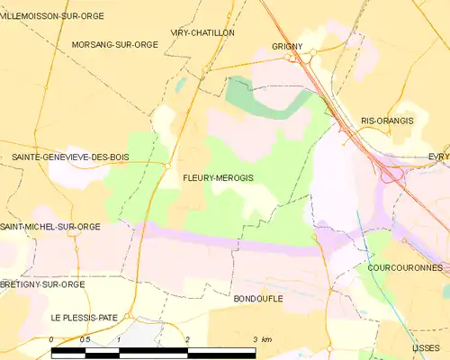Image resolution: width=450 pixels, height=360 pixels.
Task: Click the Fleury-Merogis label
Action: (x=218, y=178)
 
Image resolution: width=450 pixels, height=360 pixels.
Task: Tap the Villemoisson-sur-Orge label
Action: (x=52, y=16)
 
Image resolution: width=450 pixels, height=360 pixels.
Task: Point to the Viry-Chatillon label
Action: (x=202, y=32)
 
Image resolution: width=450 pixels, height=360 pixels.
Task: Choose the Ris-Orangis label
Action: (x=387, y=120)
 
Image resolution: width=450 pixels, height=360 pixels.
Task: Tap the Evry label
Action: (x=439, y=156)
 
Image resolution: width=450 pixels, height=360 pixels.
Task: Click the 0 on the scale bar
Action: (x=52, y=339)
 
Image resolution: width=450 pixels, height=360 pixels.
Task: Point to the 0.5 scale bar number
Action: (x=85, y=339)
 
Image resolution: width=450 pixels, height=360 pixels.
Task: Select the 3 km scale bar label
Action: (x=262, y=339)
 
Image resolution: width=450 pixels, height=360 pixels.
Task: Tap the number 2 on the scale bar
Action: (x=186, y=339)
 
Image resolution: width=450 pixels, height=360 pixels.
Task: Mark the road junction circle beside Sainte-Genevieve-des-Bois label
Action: (x=168, y=166)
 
